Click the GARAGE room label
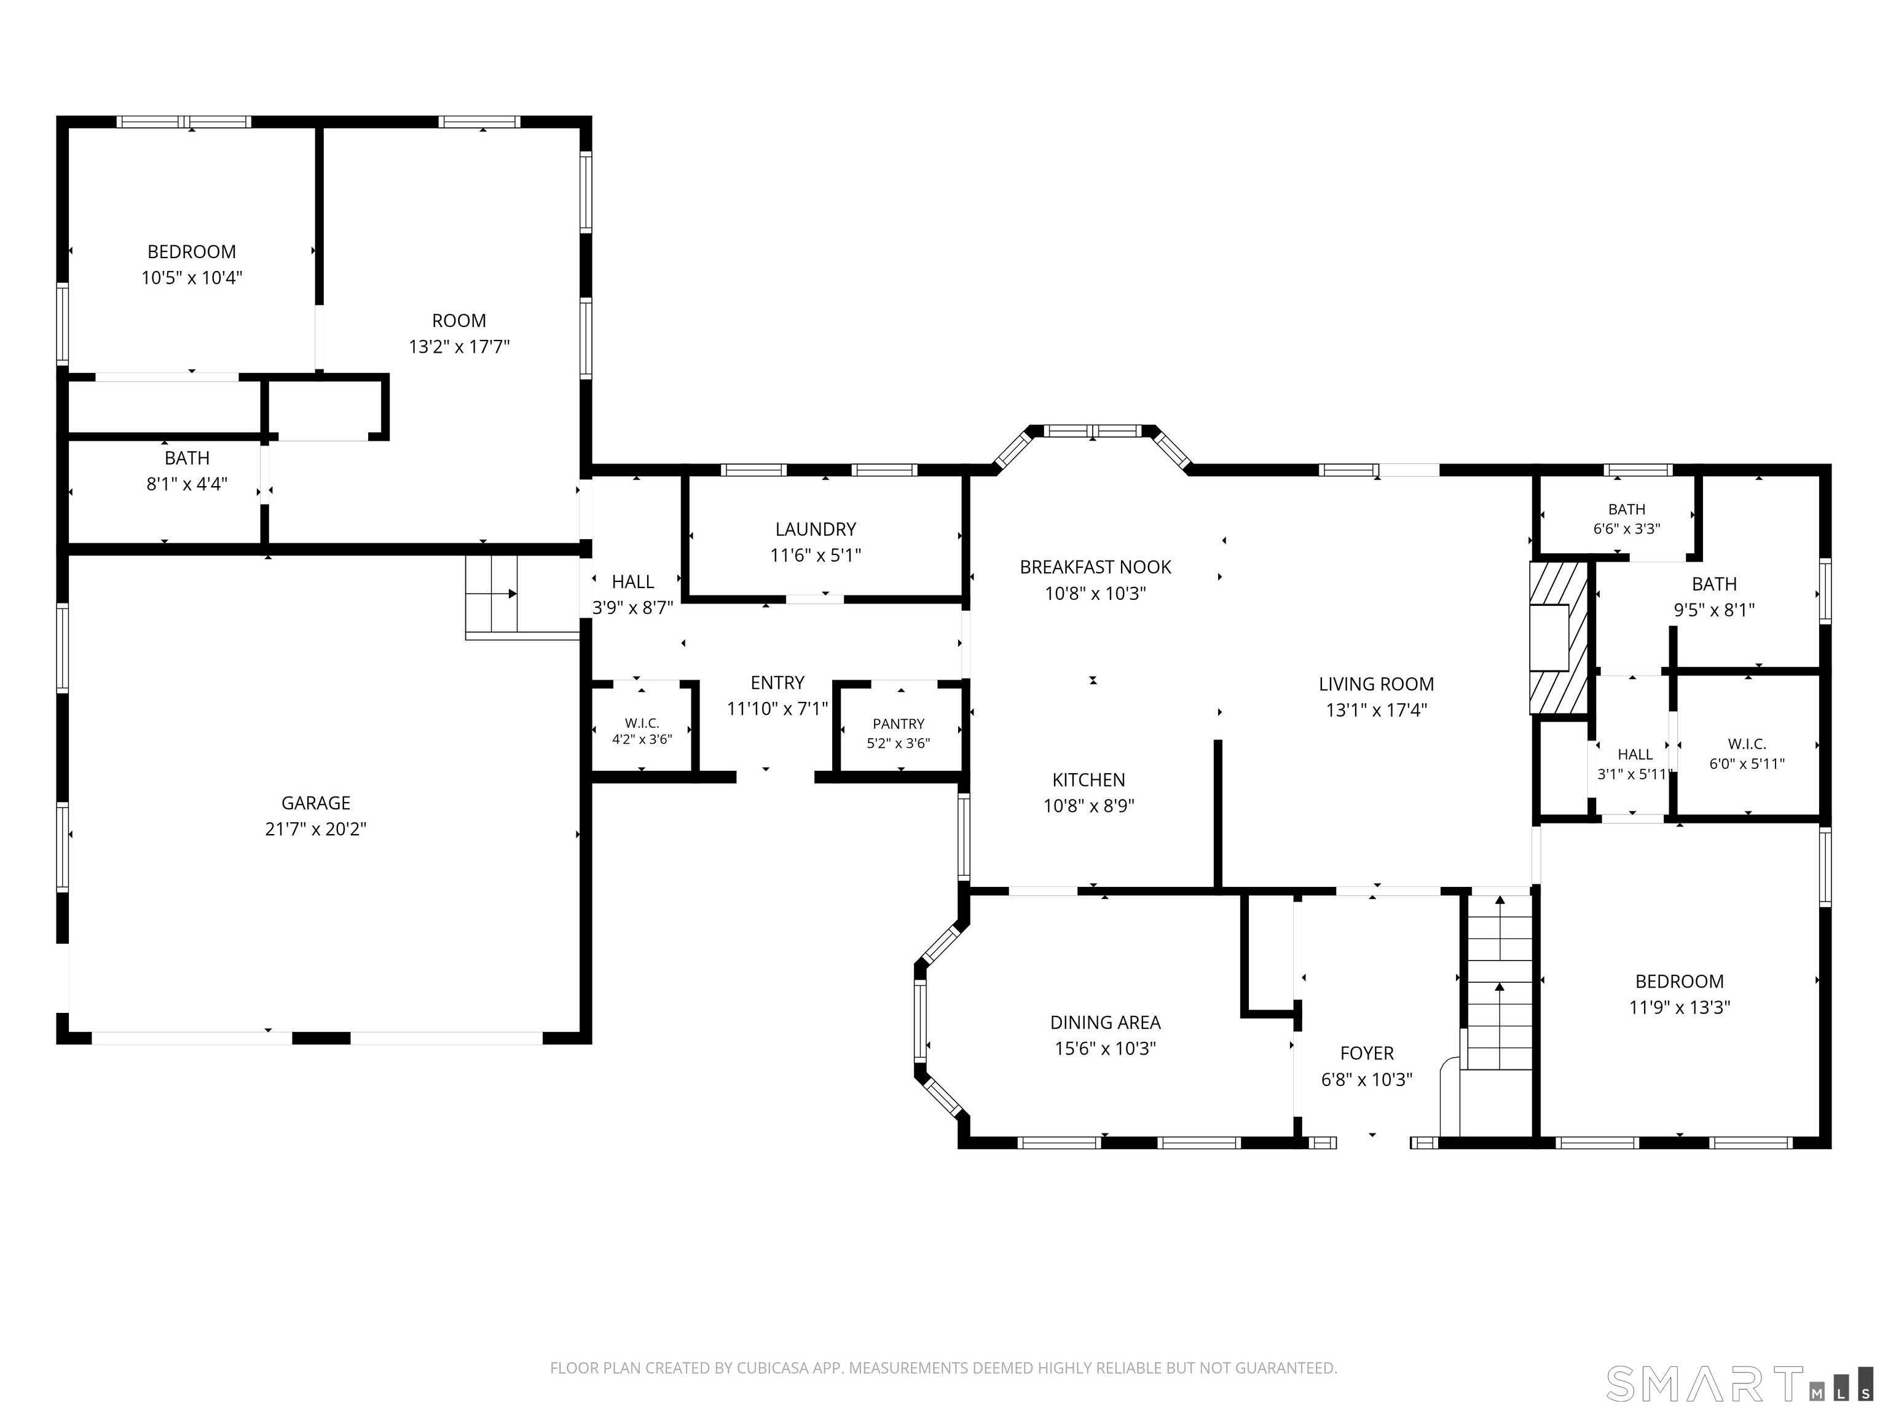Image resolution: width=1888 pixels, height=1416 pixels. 316,803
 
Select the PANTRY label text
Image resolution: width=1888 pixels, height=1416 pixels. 899,724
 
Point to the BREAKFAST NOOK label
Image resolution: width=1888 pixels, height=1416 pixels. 1095,567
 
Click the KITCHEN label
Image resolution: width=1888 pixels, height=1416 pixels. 1088,779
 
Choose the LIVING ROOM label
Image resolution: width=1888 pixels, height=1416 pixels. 1376,683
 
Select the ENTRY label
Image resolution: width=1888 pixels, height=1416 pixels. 777,683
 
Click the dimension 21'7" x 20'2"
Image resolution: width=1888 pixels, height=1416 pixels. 316,829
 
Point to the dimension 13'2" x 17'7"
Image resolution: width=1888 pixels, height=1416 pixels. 459,347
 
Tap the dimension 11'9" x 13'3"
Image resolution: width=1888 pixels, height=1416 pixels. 1679,1007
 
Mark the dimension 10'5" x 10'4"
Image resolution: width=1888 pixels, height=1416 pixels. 192,277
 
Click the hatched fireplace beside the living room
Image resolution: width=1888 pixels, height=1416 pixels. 1559,637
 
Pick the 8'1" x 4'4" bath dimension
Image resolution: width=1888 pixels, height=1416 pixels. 187,484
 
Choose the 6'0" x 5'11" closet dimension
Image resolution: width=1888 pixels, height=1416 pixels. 1746,764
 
